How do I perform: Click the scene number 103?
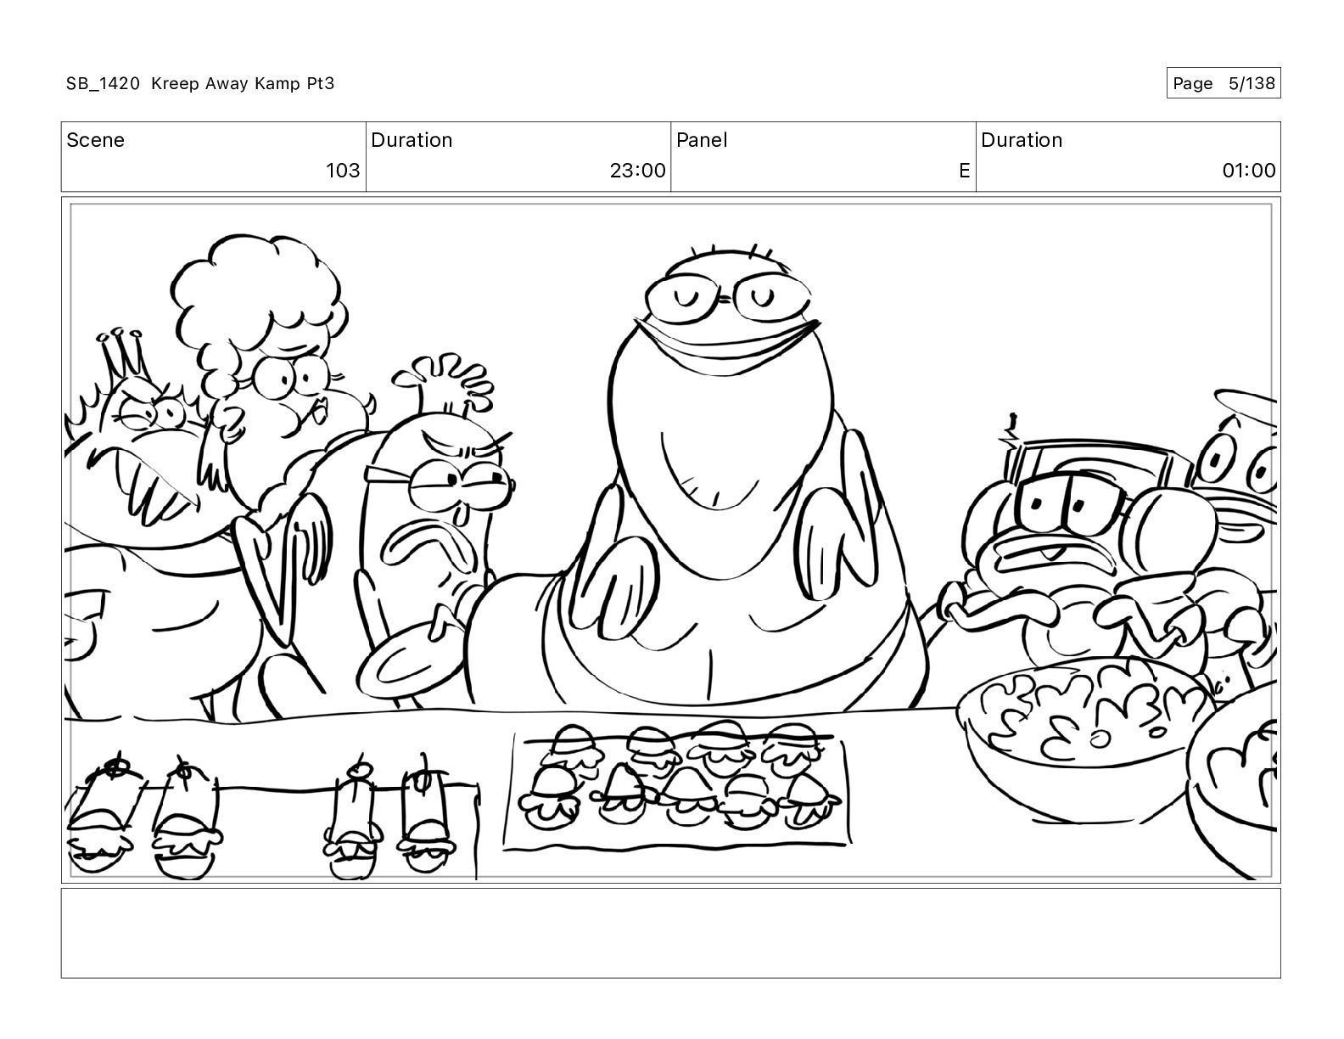pyautogui.click(x=343, y=170)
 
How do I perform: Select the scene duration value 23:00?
pyautogui.click(x=638, y=170)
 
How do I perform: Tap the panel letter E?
pyautogui.click(x=964, y=170)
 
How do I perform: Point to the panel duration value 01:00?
pyautogui.click(x=1249, y=170)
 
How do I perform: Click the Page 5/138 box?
pyautogui.click(x=1224, y=83)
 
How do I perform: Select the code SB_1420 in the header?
pyautogui.click(x=104, y=84)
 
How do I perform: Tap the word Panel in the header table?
pyautogui.click(x=702, y=140)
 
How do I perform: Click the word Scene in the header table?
pyautogui.click(x=95, y=140)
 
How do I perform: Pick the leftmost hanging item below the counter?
pyautogui.click(x=101, y=817)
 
